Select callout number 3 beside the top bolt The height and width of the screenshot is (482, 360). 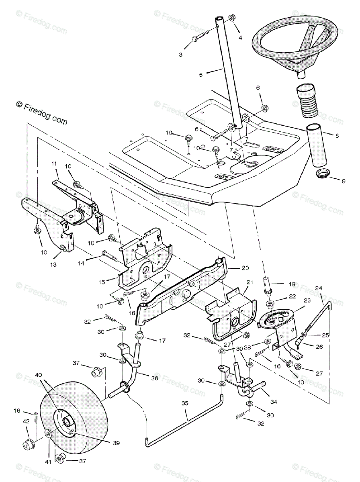(180, 54)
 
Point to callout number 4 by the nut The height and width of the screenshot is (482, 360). (240, 38)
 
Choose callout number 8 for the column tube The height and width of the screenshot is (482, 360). (337, 136)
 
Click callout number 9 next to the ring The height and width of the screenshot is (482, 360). (343, 181)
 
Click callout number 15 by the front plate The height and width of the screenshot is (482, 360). (102, 282)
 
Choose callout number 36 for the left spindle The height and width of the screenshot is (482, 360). (155, 378)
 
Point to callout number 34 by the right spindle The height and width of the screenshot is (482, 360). (274, 402)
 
